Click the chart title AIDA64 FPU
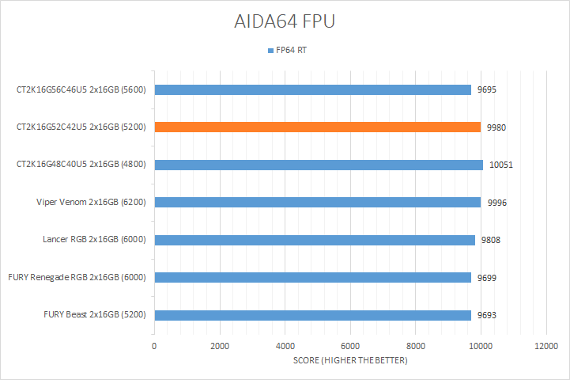[x=285, y=21]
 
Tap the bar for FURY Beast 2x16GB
[x=313, y=315]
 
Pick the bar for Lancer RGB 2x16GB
[x=315, y=240]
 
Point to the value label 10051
[x=502, y=165]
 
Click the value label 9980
[x=497, y=127]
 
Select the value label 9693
[x=488, y=315]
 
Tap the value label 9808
[x=492, y=240]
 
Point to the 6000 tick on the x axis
[x=350, y=347]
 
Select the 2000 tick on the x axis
[x=220, y=347]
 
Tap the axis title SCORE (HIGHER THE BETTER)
[x=350, y=361]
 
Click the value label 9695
[x=488, y=89]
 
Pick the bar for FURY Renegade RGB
[x=313, y=277]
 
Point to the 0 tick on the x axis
[x=154, y=347]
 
